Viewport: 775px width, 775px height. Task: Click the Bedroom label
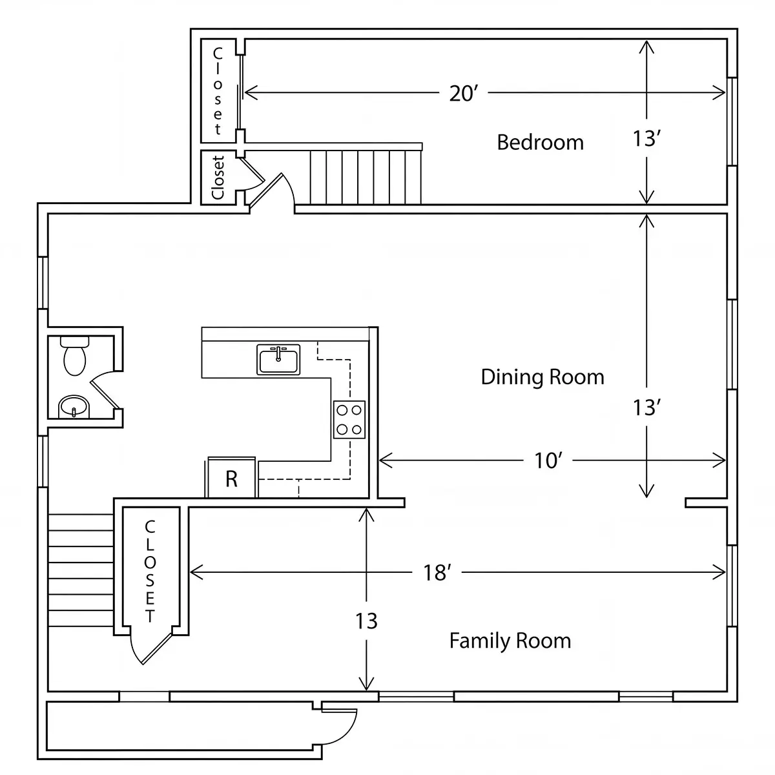coord(540,142)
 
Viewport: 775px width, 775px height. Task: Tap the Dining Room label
coord(542,377)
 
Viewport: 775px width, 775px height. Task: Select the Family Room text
coord(510,641)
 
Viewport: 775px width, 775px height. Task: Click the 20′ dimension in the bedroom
coord(463,93)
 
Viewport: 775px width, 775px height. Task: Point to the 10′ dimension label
coord(548,460)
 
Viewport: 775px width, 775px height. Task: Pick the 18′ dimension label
coord(437,573)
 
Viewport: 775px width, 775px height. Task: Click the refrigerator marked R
coord(231,478)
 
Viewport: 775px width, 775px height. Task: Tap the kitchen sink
coord(278,359)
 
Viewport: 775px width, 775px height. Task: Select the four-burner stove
coord(349,420)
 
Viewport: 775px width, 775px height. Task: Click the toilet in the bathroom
coord(75,356)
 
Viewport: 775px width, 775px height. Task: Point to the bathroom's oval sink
coord(74,407)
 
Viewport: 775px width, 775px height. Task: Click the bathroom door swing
coord(104,389)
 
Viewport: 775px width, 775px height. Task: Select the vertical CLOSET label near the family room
coord(150,571)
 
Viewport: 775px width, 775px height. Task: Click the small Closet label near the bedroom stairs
coord(218,178)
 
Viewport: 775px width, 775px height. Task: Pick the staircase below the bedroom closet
coord(365,177)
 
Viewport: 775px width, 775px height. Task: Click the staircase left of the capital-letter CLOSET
coord(81,570)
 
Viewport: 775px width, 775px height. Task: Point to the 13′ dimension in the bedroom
coord(646,139)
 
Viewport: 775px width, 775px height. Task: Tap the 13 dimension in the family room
coord(366,621)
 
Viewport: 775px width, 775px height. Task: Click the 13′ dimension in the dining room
coord(646,408)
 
